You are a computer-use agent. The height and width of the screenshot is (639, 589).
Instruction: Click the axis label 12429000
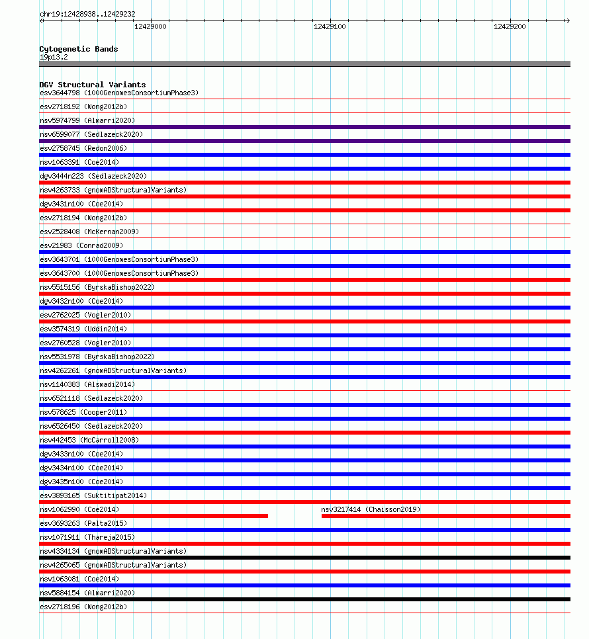tap(150, 26)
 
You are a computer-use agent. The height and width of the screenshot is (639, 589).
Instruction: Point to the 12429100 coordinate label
tap(330, 26)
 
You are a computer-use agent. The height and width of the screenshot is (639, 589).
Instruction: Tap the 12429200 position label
tap(510, 26)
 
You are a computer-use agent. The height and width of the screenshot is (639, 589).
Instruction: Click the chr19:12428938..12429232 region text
tap(87, 14)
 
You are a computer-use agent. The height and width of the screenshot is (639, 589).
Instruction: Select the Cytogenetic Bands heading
tap(78, 49)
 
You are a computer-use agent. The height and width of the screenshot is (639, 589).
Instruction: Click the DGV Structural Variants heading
tap(92, 85)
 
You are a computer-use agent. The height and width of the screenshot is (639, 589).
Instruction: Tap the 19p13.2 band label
tap(54, 57)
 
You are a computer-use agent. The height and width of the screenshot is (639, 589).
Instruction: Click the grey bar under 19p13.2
tap(304, 64)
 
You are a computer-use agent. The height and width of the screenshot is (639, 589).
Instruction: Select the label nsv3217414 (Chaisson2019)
tap(371, 509)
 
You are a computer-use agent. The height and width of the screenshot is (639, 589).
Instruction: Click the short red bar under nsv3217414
tap(445, 516)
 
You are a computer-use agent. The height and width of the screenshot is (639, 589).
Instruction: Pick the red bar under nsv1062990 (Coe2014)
tap(154, 516)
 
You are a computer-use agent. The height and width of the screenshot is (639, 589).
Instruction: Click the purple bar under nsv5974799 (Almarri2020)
tap(304, 127)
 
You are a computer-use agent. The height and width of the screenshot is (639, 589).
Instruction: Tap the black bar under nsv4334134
tap(304, 558)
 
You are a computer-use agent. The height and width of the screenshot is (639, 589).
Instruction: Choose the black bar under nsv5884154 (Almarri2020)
tap(304, 599)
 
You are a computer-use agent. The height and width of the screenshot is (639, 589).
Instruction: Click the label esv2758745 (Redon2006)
tap(83, 148)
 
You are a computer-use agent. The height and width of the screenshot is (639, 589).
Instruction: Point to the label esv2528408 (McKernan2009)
tap(89, 232)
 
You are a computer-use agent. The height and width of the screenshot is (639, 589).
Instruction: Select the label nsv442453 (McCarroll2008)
tap(89, 440)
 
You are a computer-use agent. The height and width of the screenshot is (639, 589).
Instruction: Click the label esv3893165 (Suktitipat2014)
tap(93, 495)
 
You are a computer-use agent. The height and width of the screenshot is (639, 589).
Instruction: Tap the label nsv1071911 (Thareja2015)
tap(85, 537)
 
